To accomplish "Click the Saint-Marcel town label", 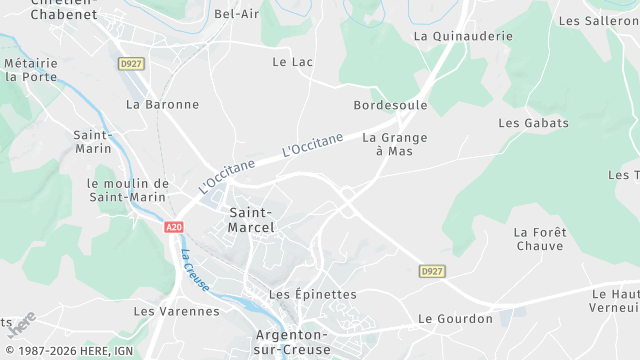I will pos(251,220).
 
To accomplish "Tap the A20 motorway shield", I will pos(174,227).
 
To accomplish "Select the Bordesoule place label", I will pos(390,105).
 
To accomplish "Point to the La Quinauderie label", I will pos(463,36).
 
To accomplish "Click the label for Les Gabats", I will pos(533,123).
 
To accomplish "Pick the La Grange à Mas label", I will pos(394,145).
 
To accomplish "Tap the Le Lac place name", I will pos(293,62).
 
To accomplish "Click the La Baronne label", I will pos(162,104).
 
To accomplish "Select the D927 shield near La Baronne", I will pos(131,64).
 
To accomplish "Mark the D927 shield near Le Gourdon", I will pos(432,271).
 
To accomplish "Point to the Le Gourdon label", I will pos(455,319).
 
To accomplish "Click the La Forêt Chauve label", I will pos(540,239).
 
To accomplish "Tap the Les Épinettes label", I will pos(313,294).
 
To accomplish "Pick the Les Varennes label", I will pos(176,311).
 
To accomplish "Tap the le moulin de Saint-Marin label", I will pos(128,190).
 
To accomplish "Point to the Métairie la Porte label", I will pos(31,69).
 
